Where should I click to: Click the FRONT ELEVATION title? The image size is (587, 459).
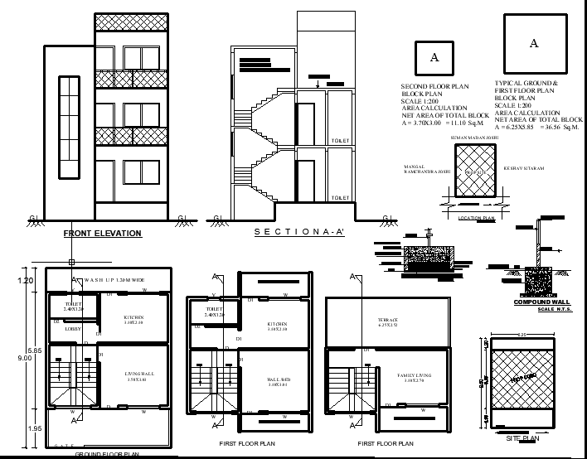pos(103,234)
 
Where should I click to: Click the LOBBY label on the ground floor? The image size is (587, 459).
pos(72,329)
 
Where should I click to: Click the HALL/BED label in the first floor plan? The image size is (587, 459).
pos(278,382)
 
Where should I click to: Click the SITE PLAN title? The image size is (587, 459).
pos(522,437)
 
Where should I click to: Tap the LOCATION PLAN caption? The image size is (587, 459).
pos(476,219)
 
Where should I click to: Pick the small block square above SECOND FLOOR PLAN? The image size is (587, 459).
pos(434,58)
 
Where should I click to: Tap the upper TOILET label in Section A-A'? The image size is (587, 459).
pos(339,142)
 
